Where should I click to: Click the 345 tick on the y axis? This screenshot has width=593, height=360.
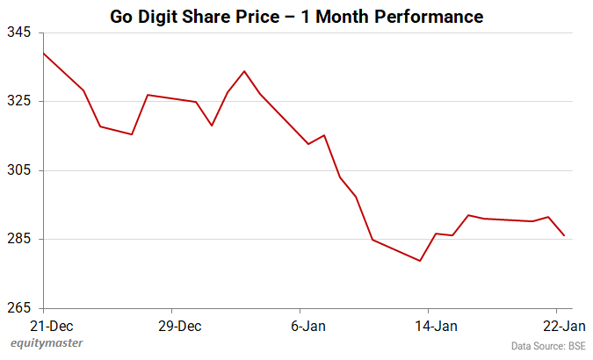[18, 32]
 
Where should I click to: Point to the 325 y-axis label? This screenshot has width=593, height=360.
[18, 101]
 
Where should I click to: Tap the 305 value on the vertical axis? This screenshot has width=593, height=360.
[18, 170]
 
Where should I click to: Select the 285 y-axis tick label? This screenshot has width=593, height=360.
[18, 239]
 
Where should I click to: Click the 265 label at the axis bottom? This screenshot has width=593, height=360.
[18, 308]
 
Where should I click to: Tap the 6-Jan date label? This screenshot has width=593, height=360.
[307, 325]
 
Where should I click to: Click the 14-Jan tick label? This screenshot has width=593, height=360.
[435, 325]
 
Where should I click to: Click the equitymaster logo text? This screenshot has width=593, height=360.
[54, 343]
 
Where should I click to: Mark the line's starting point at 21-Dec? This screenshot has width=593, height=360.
[43, 53]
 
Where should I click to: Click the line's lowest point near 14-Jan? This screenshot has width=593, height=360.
[421, 261]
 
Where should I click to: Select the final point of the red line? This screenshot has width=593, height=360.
[564, 235]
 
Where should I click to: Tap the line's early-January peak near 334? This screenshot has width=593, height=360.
[244, 71]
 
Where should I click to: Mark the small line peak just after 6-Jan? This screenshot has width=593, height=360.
[324, 135]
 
